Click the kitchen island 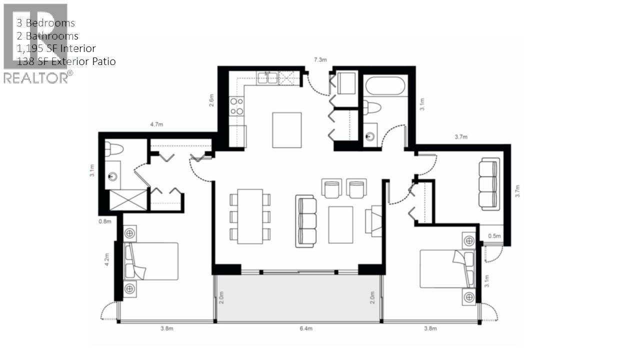[x=286, y=130]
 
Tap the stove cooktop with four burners [x=236, y=106]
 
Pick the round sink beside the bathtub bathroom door [x=370, y=136]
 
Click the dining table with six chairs [x=250, y=216]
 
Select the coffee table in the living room [x=340, y=224]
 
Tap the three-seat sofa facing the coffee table [x=306, y=220]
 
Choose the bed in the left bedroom [x=151, y=261]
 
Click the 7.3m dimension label [x=320, y=60]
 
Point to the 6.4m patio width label [x=305, y=328]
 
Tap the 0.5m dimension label [x=494, y=236]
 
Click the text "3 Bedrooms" [x=46, y=23]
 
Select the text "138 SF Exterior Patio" [x=66, y=61]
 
